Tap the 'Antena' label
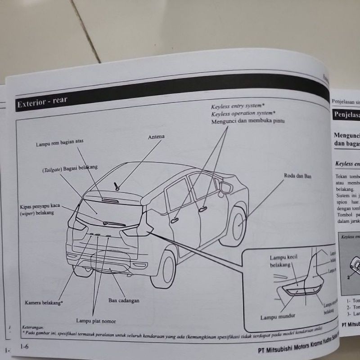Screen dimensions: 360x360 click(156, 136)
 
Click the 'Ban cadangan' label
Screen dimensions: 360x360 click(123, 300)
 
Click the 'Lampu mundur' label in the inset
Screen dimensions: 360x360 click(275, 317)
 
